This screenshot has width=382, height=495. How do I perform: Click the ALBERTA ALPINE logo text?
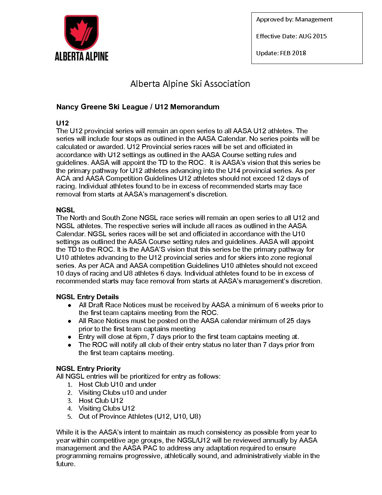(x=81, y=56)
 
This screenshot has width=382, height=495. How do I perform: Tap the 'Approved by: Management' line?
(x=294, y=19)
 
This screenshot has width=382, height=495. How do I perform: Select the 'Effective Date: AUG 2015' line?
(x=291, y=36)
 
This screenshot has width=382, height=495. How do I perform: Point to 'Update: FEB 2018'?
(x=281, y=53)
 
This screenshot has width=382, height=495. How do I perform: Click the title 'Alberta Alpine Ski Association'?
(x=190, y=84)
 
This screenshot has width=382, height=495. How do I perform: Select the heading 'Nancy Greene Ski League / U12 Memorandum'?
(x=138, y=107)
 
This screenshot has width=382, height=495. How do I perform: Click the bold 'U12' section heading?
(x=62, y=123)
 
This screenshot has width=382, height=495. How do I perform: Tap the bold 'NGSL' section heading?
(x=66, y=210)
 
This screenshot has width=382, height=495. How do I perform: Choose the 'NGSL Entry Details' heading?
(x=87, y=297)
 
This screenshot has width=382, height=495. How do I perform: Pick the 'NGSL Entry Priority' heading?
(x=88, y=368)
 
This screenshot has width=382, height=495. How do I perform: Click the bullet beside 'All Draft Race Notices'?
(x=70, y=305)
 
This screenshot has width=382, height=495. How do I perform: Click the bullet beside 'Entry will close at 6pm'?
(x=70, y=337)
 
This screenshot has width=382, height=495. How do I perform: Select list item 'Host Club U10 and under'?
(x=117, y=385)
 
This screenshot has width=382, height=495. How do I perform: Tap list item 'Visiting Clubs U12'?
(x=107, y=409)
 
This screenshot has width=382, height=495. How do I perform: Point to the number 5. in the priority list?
(x=70, y=417)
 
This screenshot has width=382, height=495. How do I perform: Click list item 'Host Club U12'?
(x=101, y=400)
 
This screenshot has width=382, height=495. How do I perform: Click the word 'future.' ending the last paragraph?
(x=66, y=464)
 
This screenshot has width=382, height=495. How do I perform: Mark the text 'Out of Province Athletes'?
(x=116, y=417)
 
